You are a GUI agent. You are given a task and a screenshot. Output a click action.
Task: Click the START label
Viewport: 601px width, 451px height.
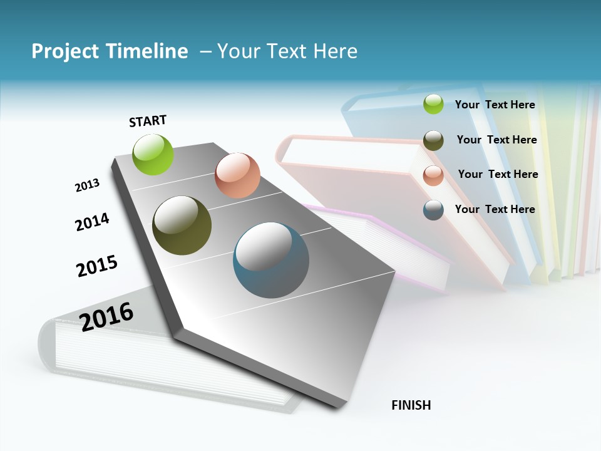point(148,121)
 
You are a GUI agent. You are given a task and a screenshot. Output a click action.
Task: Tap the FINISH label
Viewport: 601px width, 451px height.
point(411,405)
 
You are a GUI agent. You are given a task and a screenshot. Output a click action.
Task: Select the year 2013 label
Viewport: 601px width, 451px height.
point(87,185)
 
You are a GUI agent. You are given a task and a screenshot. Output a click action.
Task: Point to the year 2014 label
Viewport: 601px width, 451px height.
point(92,222)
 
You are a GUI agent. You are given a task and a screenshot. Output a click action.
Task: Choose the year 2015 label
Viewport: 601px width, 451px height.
point(97,266)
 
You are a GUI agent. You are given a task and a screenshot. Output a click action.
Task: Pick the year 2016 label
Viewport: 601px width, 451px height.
point(106,316)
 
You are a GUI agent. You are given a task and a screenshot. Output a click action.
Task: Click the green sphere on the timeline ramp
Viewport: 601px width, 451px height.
point(153,154)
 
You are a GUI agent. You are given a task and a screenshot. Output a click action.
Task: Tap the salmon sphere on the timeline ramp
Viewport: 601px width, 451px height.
point(237,175)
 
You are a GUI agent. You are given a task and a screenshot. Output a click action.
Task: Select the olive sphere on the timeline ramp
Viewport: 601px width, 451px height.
point(182,225)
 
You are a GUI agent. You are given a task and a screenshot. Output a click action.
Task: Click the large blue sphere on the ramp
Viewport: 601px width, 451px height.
point(271,260)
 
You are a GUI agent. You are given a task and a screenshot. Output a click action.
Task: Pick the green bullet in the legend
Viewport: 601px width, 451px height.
point(433,104)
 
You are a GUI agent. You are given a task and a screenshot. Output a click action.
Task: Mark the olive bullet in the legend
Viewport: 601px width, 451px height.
point(433,140)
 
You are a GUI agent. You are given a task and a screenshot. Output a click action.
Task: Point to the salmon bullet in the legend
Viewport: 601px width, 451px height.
point(433,175)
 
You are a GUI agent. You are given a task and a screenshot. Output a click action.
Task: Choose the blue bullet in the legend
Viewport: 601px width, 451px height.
point(433,210)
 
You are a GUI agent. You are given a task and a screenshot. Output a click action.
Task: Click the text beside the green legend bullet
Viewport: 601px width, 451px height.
point(495,105)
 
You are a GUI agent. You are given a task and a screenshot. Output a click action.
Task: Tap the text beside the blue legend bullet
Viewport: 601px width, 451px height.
point(495,209)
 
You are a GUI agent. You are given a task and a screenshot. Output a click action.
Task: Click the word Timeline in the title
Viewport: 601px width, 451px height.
point(147,51)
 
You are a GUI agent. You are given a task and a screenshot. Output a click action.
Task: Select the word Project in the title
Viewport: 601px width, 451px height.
point(65,51)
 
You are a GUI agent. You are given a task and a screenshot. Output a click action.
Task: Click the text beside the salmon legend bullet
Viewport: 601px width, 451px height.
point(498,174)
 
